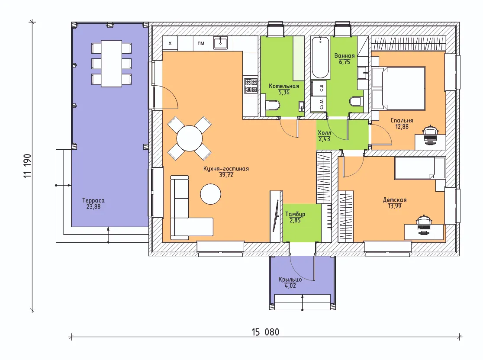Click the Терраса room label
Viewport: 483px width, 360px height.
(93, 200)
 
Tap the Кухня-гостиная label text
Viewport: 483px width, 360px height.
(226, 169)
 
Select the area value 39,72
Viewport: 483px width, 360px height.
(226, 175)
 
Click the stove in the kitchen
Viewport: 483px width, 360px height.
(251, 86)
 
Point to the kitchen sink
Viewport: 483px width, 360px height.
(221, 43)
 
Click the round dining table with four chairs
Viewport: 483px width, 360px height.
(190, 138)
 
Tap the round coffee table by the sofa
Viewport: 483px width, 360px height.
(210, 194)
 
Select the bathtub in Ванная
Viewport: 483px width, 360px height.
(320, 58)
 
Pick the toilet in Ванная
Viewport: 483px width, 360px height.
(357, 101)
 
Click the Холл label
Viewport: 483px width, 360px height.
(324, 133)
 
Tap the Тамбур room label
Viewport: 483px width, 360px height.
(295, 214)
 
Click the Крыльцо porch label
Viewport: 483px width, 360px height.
(290, 280)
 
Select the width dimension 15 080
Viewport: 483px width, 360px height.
(266, 332)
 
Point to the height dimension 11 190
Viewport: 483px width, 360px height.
(27, 166)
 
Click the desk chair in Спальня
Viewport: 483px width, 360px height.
(430, 131)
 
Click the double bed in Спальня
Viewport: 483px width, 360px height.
(399, 88)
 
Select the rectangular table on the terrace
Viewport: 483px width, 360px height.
(112, 64)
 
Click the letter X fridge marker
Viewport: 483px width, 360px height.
(170, 43)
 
